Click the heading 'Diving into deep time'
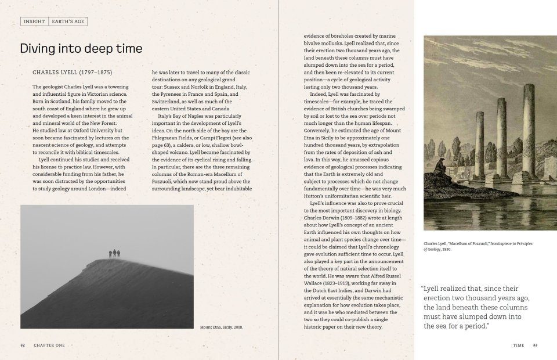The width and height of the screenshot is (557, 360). pos(81,49)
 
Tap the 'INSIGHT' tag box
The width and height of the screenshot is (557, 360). pos(34,21)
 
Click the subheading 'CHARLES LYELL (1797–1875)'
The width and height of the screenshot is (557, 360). pos(72,73)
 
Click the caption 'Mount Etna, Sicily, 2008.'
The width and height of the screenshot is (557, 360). pos(221,327)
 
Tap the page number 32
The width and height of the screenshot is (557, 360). pos(23,345)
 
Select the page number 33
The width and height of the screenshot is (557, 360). pos(535,345)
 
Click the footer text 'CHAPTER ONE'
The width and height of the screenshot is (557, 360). pos(49,345)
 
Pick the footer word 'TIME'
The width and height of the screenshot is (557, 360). pos(519,345)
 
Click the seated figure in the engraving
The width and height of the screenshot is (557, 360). pos(442,167)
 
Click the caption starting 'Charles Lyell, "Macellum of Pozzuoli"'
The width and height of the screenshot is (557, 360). pos(478,246)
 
